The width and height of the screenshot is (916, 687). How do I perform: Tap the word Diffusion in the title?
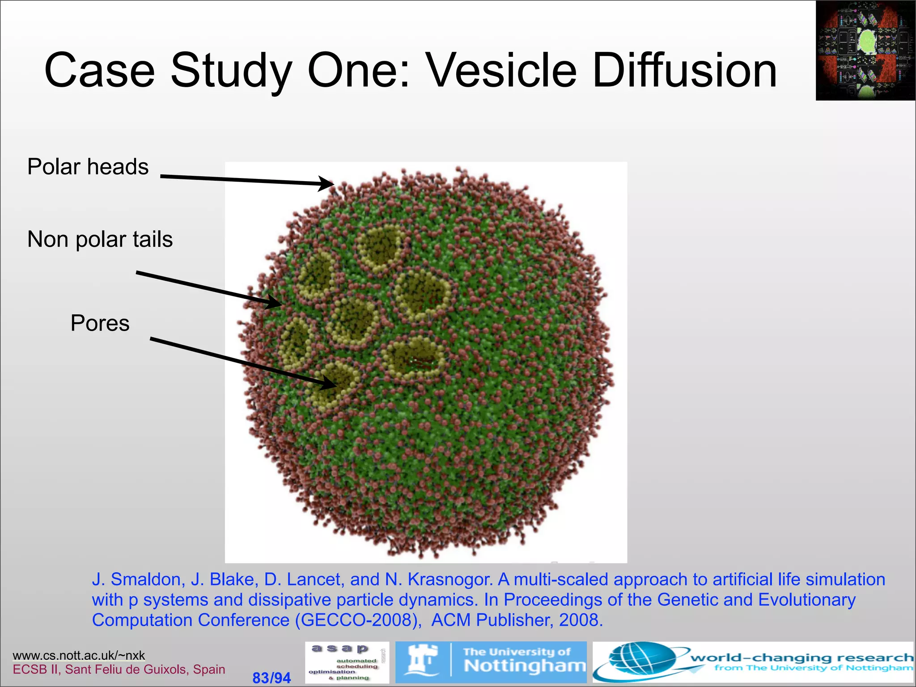point(684,71)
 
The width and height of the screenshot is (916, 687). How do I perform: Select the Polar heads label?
point(88,167)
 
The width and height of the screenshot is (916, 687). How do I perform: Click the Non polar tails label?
point(100,239)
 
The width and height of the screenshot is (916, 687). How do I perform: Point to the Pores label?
point(100,323)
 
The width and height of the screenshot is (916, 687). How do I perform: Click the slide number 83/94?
point(271,678)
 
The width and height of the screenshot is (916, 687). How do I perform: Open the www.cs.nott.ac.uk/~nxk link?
point(79,655)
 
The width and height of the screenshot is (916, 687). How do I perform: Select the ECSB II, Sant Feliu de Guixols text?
point(119,669)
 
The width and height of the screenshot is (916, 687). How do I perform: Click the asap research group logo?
point(347,662)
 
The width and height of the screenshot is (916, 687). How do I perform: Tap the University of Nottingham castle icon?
point(422,661)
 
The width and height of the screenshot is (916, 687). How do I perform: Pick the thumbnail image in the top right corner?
point(865,50)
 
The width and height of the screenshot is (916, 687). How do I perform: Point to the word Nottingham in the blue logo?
point(524,666)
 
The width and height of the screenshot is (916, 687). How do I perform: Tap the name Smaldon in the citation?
point(146,579)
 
